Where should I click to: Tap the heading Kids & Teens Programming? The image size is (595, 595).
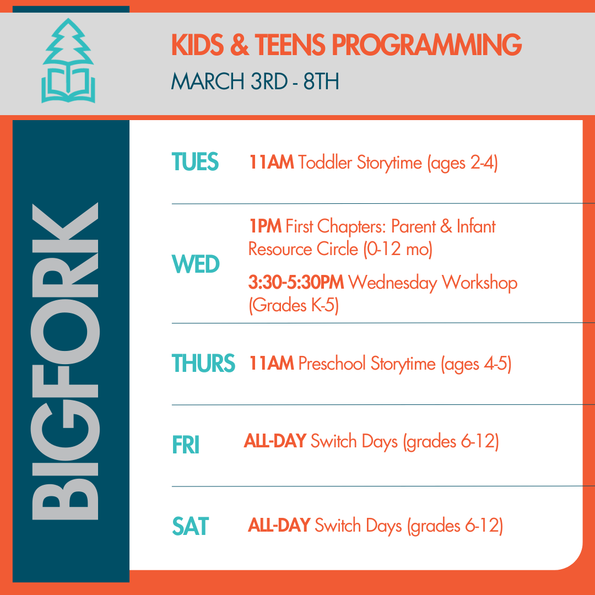pyautogui.click(x=347, y=45)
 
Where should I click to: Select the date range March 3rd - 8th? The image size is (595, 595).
pyautogui.click(x=255, y=81)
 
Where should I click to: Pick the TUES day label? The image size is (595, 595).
pyautogui.click(x=195, y=163)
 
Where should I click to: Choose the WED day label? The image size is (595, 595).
pyautogui.click(x=196, y=265)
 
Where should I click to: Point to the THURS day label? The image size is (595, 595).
pyautogui.click(x=203, y=364)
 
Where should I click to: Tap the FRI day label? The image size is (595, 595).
pyautogui.click(x=185, y=445)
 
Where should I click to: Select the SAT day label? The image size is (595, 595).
pyautogui.click(x=191, y=526)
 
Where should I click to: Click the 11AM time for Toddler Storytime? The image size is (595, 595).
pyautogui.click(x=271, y=163)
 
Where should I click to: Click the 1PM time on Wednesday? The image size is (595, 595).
pyautogui.click(x=265, y=226)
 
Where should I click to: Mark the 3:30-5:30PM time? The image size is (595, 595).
pyautogui.click(x=296, y=283)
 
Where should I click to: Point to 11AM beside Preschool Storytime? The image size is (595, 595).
pyautogui.click(x=271, y=364)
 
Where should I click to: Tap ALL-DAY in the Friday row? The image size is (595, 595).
pyautogui.click(x=275, y=442)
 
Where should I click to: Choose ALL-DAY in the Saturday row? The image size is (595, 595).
pyautogui.click(x=279, y=526)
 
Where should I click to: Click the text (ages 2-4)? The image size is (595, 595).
pyautogui.click(x=462, y=164)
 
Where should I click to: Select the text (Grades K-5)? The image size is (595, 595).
pyautogui.click(x=293, y=305)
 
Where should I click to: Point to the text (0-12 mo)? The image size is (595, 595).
pyautogui.click(x=397, y=249)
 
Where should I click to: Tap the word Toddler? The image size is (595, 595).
pyautogui.click(x=325, y=163)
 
